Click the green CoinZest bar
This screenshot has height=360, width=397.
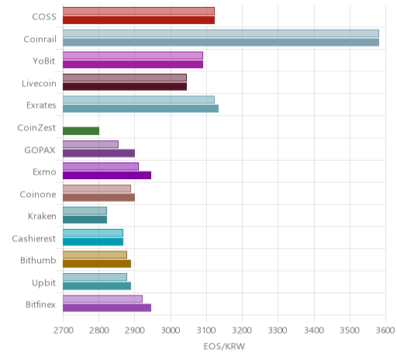click(81, 131)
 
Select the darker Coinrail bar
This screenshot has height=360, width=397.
click(221, 42)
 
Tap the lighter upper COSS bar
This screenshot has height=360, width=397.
click(139, 11)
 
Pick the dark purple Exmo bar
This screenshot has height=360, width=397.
click(107, 175)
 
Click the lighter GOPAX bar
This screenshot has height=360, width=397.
click(91, 144)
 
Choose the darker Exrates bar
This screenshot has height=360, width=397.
click(140, 109)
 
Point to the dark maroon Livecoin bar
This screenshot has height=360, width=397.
click(125, 87)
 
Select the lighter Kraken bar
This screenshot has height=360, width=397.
click(85, 211)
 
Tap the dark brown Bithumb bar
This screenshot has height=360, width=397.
click(97, 264)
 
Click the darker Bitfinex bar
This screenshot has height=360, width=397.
click(107, 308)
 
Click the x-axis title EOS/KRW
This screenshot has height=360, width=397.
click(224, 346)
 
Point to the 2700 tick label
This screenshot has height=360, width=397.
click(63, 331)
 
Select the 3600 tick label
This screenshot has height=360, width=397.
click(385, 331)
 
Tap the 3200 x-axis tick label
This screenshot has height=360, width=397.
click(242, 331)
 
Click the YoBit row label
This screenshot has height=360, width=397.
click(44, 61)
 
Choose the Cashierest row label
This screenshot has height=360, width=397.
click(34, 238)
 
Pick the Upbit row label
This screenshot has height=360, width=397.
click(43, 283)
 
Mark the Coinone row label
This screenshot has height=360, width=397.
click(38, 194)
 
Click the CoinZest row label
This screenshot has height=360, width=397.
click(36, 128)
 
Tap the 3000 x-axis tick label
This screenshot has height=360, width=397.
click(171, 331)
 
